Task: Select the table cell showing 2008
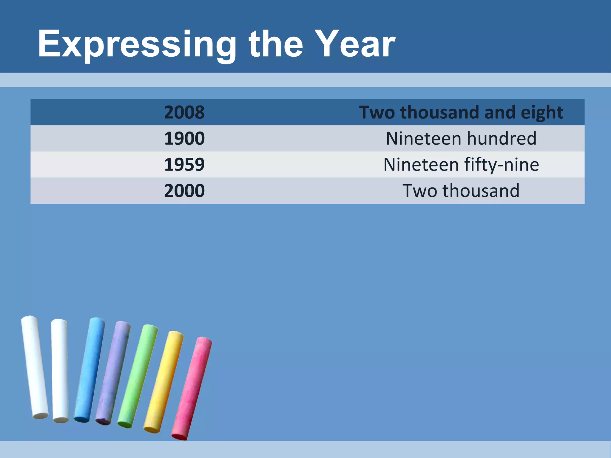coord(184,112)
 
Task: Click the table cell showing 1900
coord(184,138)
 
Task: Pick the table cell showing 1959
coord(184,165)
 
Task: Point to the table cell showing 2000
coord(184,191)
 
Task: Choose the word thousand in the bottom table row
coord(481,191)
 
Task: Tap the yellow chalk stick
coord(164,382)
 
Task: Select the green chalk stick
coord(138,376)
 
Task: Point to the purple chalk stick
coord(113,373)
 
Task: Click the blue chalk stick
coord(90,370)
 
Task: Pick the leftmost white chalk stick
coord(35,367)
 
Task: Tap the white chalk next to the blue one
coord(60,370)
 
